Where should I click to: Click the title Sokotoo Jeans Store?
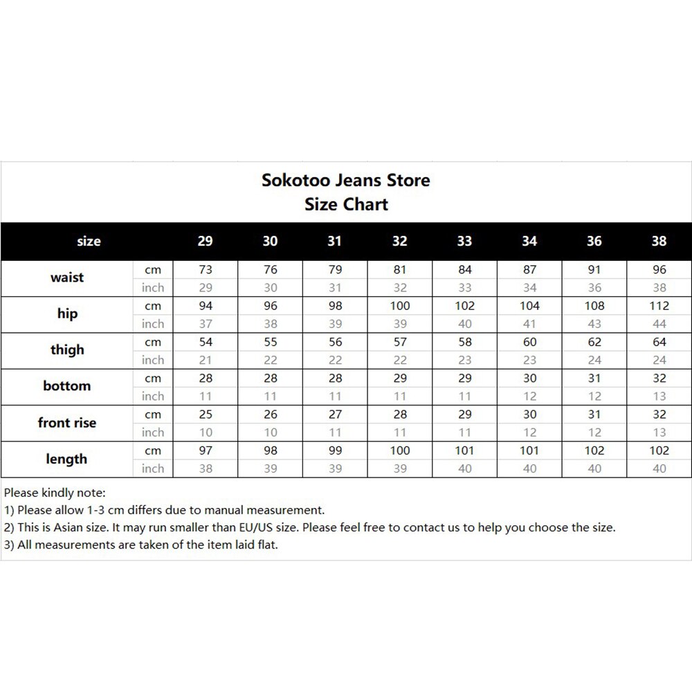346,181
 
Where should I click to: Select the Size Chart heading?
346,205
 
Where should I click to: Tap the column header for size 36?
594,242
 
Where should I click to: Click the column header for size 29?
205,242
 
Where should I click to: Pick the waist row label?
67,277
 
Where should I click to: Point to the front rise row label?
67,423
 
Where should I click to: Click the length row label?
67,459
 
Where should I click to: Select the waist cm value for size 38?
659,270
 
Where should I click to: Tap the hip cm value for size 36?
594,306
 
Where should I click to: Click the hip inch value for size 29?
205,324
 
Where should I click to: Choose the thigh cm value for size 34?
529,342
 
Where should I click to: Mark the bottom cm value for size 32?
400,379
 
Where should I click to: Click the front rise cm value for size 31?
335,415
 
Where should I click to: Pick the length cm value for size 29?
205,450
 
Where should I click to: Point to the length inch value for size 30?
270,468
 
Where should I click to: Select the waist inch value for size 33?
464,288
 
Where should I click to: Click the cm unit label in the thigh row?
153,342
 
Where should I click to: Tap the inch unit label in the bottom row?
153,397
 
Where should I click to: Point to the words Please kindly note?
55,493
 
